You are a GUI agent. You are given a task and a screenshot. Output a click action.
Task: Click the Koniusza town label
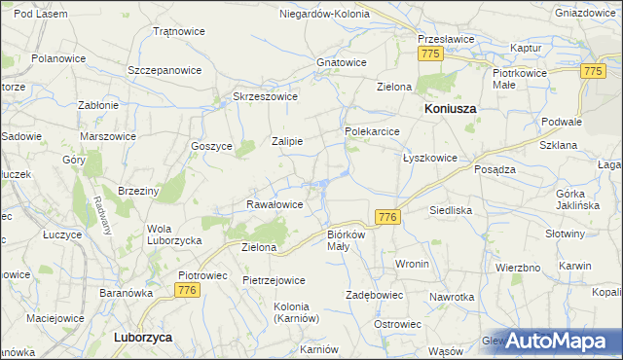450,110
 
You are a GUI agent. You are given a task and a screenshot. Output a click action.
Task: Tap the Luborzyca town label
142,337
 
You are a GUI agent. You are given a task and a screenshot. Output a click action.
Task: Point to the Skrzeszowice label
265,96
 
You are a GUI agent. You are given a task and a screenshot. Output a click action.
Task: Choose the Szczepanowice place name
165,71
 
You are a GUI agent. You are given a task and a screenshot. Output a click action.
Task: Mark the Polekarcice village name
372,130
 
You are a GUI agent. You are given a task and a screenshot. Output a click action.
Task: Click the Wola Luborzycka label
173,234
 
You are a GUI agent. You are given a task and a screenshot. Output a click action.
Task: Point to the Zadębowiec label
375,294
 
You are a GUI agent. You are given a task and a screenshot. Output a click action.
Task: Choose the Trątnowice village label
179,31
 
